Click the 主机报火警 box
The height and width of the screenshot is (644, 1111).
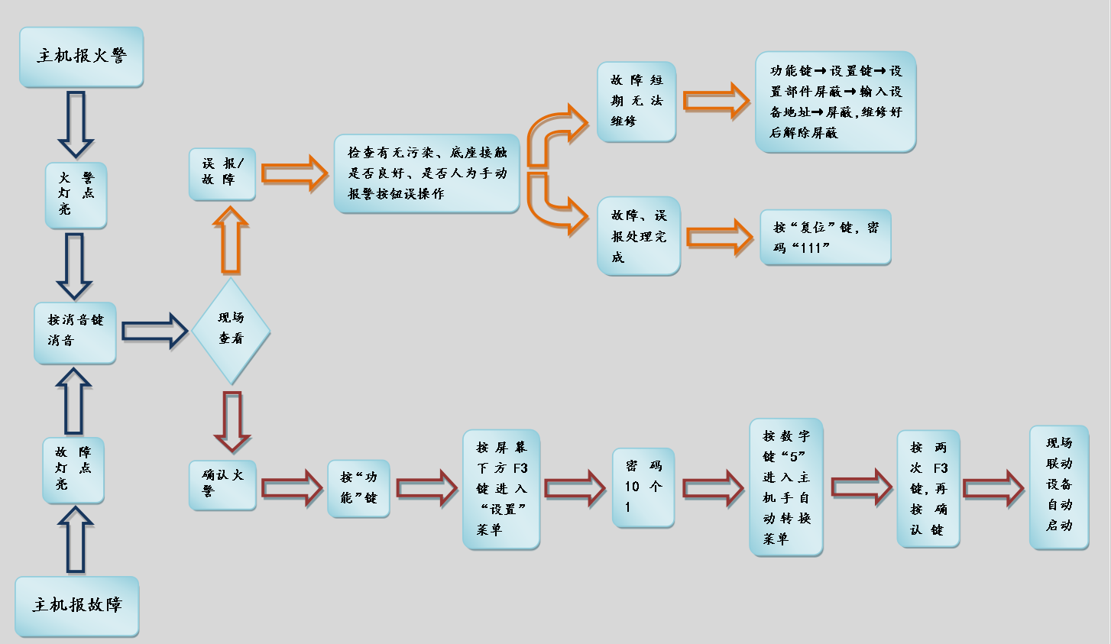[x=81, y=57]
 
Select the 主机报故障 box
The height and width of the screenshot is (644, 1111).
[x=77, y=606]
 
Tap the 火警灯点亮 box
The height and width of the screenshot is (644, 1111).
[x=76, y=194]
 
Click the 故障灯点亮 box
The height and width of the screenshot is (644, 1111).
[x=73, y=469]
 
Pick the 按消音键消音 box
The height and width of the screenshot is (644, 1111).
[x=75, y=332]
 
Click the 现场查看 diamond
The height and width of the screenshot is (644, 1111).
[x=231, y=329]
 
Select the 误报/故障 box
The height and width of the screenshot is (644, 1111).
[x=222, y=173]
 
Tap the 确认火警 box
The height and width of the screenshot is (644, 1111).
[x=222, y=484]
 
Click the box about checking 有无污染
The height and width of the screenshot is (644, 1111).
[x=427, y=173]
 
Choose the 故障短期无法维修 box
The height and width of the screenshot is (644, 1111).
[x=636, y=101]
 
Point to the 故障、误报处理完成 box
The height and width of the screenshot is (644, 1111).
[x=639, y=236]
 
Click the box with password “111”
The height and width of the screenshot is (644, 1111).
[x=825, y=238]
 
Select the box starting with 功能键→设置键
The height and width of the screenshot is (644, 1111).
[x=835, y=102]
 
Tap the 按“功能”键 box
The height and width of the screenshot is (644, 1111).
[x=358, y=487]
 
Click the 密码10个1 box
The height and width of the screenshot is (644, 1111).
[x=643, y=487]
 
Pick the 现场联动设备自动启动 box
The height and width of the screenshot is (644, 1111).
[x=1059, y=486]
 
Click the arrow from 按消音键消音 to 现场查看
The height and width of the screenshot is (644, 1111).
[x=154, y=331]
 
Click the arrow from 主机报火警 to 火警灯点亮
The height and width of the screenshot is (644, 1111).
[x=76, y=123]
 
